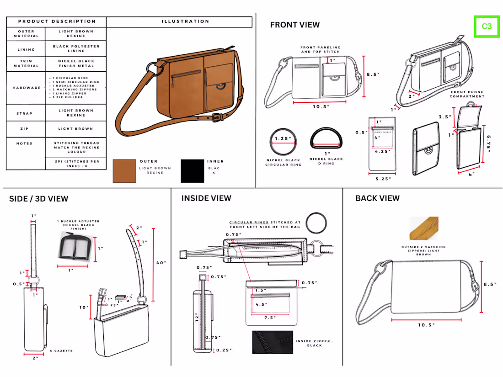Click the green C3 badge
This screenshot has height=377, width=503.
click(x=487, y=27)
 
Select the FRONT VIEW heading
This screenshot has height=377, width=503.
click(x=295, y=25)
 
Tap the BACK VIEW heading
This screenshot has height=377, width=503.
click(x=377, y=198)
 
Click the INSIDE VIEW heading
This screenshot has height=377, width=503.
click(x=206, y=198)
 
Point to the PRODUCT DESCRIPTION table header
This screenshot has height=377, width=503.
click(x=57, y=21)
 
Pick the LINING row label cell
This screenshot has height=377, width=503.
click(x=26, y=49)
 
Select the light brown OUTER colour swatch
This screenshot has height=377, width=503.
click(x=124, y=171)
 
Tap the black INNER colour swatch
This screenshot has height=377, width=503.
click(x=192, y=171)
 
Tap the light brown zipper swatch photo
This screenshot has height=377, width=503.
click(x=424, y=228)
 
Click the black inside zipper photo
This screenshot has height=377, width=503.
click(x=273, y=342)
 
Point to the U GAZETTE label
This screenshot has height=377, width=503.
click(x=61, y=351)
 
